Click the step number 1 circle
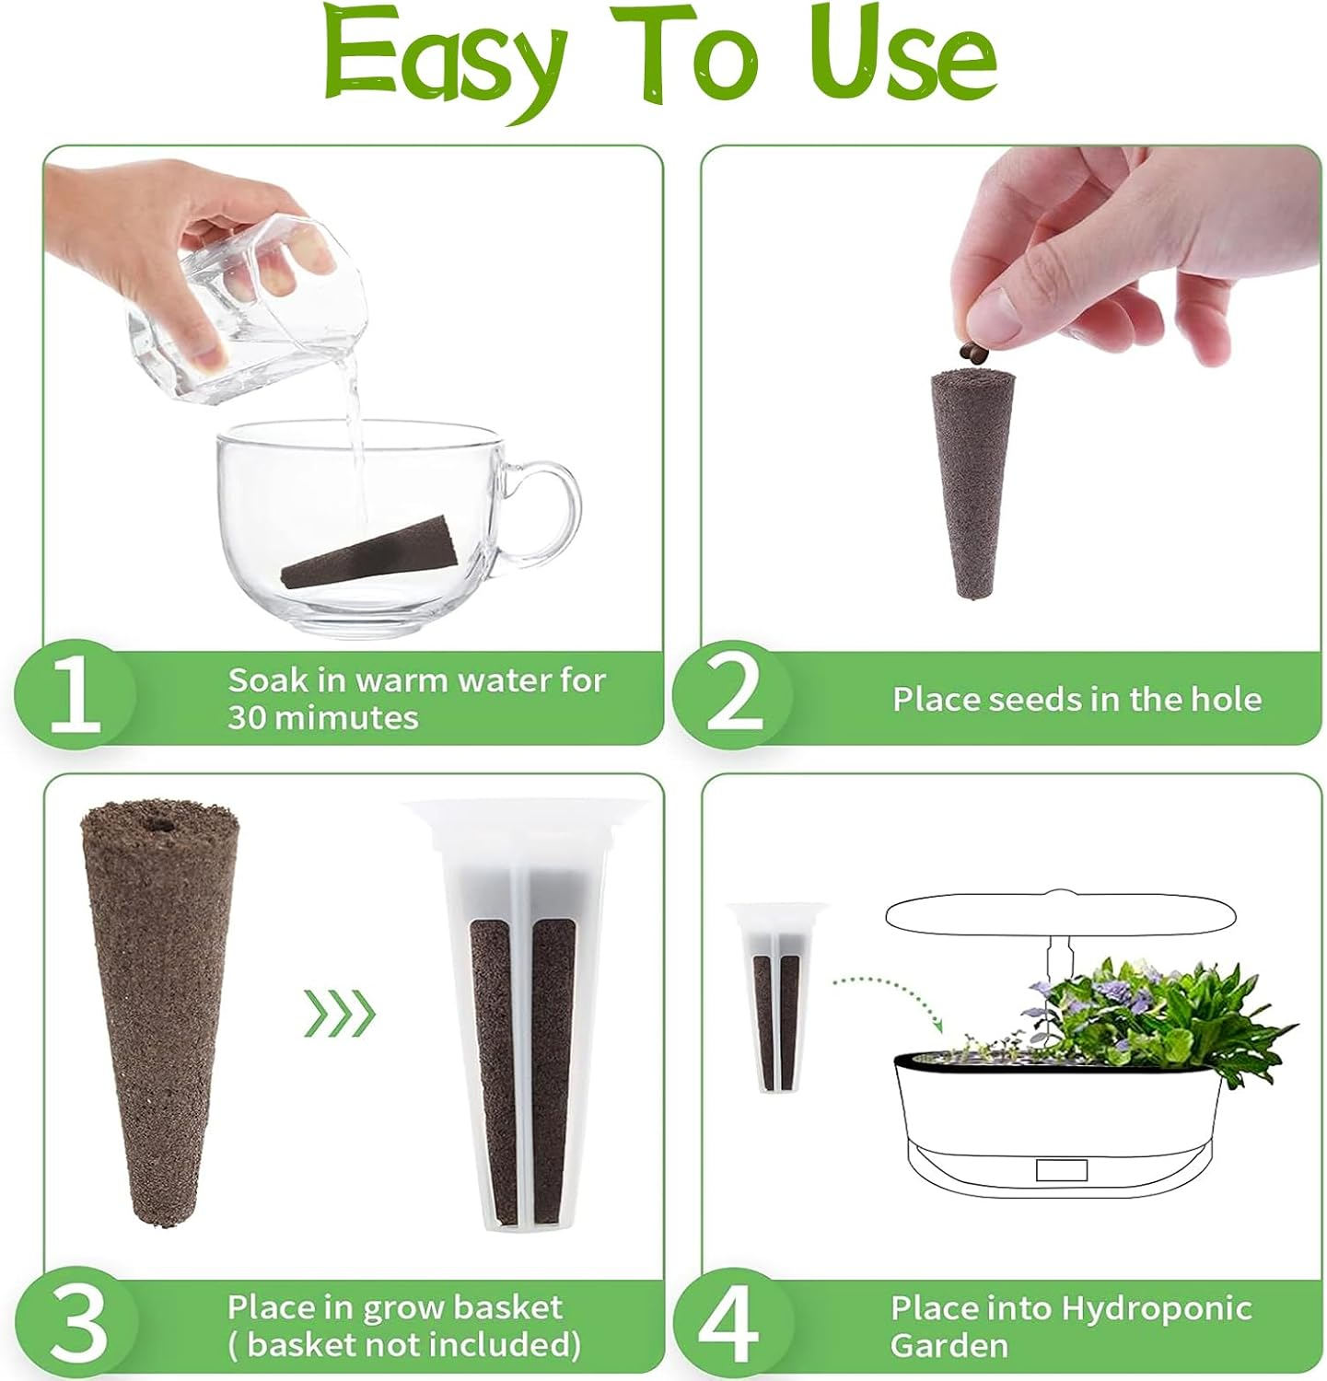[x=75, y=697]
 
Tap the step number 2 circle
[x=733, y=697]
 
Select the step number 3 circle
[x=76, y=1325]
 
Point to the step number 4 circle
[x=734, y=1325]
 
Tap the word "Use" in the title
[x=907, y=57]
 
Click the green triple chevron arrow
[x=340, y=1014]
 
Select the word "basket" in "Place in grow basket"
[x=508, y=1307]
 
